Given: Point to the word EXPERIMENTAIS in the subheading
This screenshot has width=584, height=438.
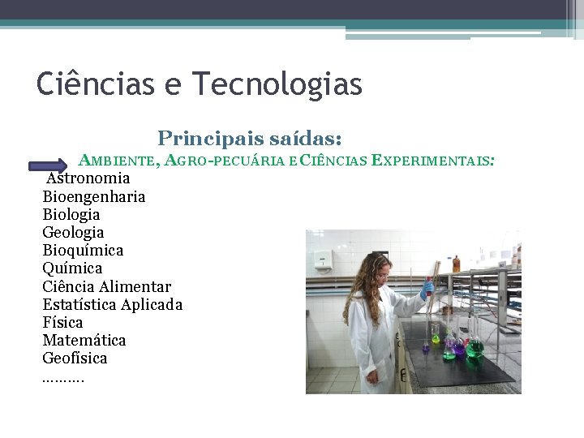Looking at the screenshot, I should pos(432,161).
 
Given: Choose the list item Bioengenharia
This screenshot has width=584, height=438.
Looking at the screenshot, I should pos(94,196).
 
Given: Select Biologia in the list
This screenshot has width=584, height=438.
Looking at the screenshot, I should pos(71,214).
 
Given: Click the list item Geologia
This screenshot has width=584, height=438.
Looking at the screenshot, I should pos(73,232).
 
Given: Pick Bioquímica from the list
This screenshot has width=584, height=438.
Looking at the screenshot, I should pos(83,250).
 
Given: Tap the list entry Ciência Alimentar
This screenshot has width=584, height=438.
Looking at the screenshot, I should pos(106,286).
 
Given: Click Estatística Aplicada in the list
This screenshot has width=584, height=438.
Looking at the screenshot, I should pos(112,304).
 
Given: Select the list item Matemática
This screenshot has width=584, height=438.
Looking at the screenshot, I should pos(84,340).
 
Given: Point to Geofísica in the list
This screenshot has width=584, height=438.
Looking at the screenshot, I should pos(75,358).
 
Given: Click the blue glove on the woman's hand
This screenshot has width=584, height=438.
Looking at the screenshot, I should pos(427,288).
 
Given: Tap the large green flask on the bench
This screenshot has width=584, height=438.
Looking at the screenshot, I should pos(474,347).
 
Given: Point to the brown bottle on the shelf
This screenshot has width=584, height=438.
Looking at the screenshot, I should pos(456,264).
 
